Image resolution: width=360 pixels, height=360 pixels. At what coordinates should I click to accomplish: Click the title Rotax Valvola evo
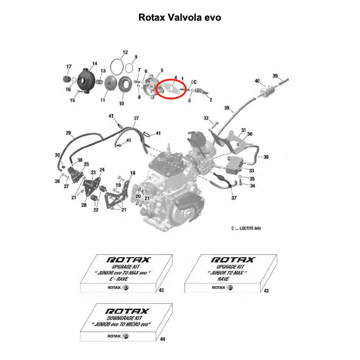coord(180,18)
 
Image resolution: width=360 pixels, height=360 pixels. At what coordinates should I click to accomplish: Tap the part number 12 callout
coord(125,52)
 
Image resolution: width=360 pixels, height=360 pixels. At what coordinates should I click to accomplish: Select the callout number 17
coord(69,67)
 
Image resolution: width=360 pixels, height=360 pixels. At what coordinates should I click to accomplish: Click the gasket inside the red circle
coord(170,89)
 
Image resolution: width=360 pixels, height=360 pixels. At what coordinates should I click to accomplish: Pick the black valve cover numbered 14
coord(86,81)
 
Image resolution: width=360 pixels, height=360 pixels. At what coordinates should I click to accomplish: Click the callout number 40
coord(257,81)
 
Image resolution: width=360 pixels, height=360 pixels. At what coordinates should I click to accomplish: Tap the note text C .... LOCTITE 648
coord(246,229)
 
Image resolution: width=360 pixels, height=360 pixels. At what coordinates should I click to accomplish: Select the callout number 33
coord(252,171)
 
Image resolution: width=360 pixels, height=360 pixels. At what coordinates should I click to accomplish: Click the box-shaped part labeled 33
coord(234,165)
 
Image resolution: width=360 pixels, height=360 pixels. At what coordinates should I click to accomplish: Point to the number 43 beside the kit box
coord(161,290)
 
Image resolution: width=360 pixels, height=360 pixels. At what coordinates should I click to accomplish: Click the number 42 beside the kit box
coord(266,291)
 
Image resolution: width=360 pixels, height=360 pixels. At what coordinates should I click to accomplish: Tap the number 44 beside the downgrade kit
coord(162,339)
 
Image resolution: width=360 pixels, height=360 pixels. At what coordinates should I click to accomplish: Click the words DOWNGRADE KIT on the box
coord(125,318)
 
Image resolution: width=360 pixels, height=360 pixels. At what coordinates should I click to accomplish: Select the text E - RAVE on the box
coord(119,279)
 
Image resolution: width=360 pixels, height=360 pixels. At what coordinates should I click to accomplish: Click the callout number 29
coord(68,133)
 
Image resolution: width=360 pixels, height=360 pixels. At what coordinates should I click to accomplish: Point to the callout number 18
coord(133,173)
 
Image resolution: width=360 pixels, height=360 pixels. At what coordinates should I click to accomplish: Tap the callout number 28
coord(84,205)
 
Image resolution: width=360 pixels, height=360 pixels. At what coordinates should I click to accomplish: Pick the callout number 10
coord(121,103)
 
